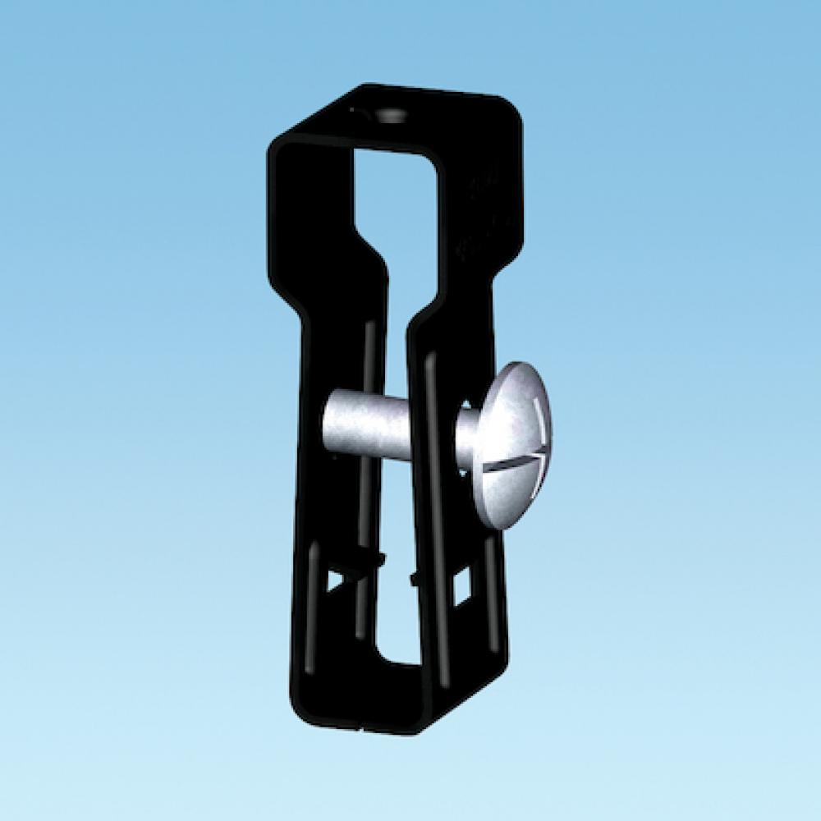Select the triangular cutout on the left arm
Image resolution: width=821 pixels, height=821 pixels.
tap(336, 580)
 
